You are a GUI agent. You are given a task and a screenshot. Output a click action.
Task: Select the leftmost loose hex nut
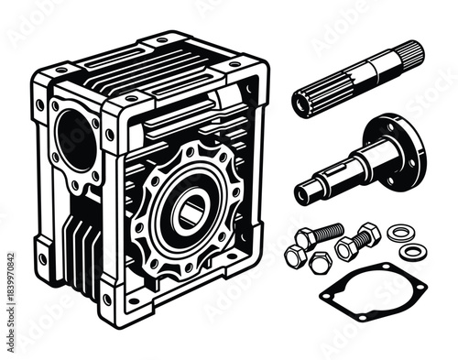tap(295, 256)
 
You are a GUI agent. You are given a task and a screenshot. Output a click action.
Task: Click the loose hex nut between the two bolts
tap(320, 263)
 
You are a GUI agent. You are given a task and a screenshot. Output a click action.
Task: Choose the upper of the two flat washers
tap(398, 233)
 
